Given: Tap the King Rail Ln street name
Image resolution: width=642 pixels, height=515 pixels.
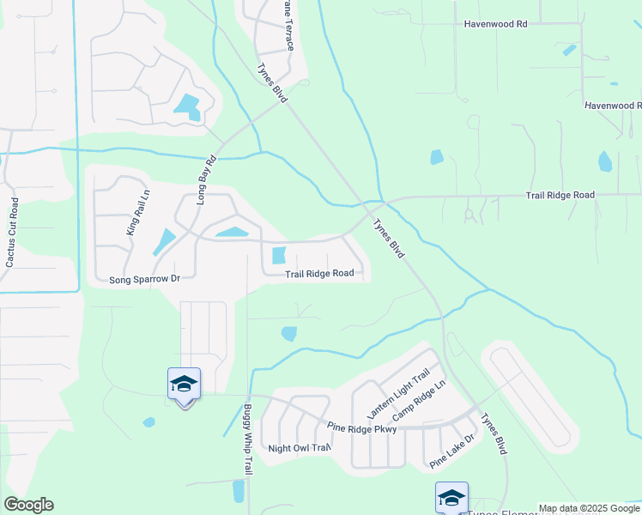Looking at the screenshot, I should (x=132, y=213).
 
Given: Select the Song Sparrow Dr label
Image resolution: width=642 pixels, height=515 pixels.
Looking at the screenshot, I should (x=144, y=279).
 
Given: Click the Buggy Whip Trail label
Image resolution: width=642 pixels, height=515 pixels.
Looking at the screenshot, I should (x=248, y=439).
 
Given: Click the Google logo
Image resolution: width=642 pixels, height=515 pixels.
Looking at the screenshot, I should (x=28, y=505).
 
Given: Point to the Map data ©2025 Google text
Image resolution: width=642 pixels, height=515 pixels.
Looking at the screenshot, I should (x=589, y=508).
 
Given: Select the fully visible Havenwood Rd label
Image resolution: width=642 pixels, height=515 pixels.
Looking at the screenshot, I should (x=495, y=25).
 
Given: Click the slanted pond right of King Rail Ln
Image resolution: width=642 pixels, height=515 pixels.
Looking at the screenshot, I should (x=164, y=241).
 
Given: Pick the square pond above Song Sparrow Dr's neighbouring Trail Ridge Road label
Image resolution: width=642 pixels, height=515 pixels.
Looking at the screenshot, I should (x=279, y=256).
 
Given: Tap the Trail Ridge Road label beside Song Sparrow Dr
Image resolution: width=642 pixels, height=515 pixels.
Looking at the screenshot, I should (x=320, y=274).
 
